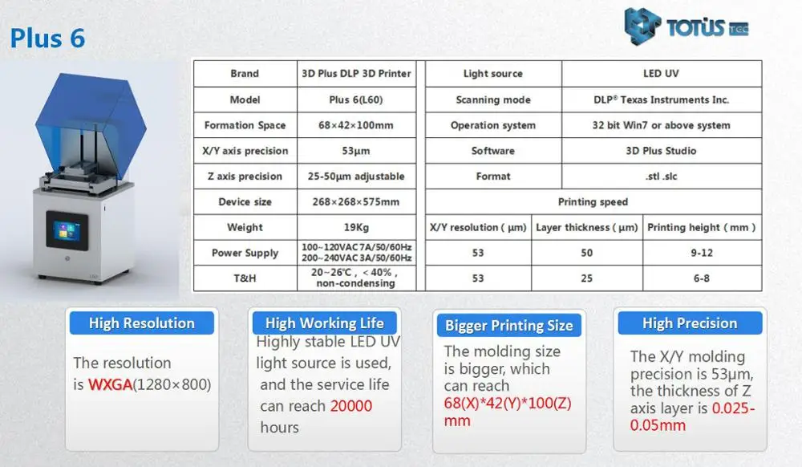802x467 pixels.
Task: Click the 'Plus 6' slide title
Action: (47, 39)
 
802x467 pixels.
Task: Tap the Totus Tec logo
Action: (687, 26)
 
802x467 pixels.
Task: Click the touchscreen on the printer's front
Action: (67, 230)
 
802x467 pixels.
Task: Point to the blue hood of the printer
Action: (91, 125)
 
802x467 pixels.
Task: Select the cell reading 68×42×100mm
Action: (356, 125)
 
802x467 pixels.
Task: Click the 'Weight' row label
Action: (245, 227)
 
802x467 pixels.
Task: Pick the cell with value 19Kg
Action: (356, 227)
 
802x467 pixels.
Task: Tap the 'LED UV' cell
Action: (662, 74)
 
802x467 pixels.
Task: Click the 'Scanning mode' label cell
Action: (493, 99)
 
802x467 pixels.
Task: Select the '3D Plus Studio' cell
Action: (662, 151)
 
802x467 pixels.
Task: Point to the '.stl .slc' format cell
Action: (662, 177)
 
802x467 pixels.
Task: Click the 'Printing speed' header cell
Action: (593, 201)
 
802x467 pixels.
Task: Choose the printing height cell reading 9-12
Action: (702, 253)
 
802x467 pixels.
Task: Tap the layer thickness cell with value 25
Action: (587, 278)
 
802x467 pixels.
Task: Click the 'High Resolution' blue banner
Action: (142, 323)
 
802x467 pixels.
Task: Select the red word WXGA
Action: (110, 384)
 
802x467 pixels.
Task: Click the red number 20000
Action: (351, 406)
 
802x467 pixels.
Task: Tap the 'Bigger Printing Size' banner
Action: (509, 325)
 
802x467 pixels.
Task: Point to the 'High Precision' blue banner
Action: (690, 323)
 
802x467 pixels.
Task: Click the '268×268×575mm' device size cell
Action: (356, 201)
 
